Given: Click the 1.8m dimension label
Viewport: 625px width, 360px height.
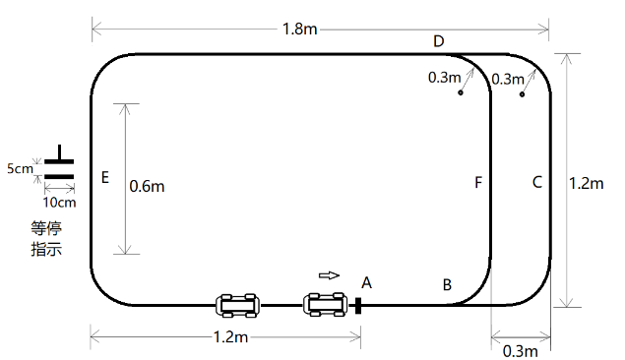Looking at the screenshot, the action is [x=300, y=30].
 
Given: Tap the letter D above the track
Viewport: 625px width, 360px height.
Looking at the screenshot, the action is [x=438, y=41].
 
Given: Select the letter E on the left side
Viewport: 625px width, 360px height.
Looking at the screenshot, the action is [x=105, y=177].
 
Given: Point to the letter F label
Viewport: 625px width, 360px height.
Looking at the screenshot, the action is [x=478, y=182].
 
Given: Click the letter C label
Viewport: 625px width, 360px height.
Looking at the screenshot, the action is [x=537, y=182].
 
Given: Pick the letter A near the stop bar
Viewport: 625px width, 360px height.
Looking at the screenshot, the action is [x=367, y=282].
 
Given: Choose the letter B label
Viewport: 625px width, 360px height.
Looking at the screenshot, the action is [x=447, y=285].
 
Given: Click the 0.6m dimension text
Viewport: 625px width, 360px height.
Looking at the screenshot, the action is [x=147, y=186].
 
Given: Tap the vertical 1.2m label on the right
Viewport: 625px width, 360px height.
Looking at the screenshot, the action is [x=586, y=183].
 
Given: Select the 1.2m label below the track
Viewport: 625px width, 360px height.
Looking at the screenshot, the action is [x=230, y=337].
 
